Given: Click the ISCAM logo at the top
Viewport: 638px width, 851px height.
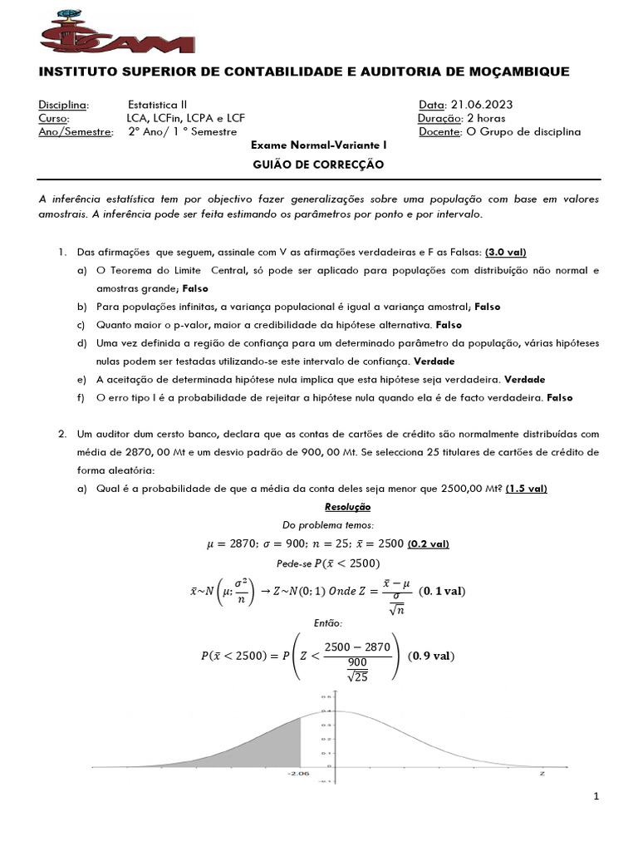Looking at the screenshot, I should pos(116,32).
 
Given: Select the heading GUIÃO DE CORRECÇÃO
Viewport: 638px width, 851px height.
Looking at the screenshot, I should pos(318,165).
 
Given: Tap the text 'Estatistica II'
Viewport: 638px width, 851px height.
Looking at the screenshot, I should pos(158,105).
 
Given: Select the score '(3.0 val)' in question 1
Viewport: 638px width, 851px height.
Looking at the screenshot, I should pos(505,252).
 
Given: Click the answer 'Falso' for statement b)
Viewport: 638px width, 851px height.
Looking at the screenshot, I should pos(488,307).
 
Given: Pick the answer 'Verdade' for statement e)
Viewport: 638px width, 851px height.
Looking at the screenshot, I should pos(525,379).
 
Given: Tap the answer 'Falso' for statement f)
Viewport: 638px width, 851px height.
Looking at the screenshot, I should pos(560,397).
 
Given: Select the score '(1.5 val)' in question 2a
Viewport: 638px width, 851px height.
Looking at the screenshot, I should pos(527,488).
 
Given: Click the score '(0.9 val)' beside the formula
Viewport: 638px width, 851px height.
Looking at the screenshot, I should pos(432,655).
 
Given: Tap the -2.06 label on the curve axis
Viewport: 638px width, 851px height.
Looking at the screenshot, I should pos(299,774).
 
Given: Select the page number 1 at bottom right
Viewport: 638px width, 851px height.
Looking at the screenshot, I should pos(596,797).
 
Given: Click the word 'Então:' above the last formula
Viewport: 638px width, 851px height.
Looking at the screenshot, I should pos(327,622).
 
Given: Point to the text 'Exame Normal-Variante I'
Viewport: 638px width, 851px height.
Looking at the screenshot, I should pos(319,145).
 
